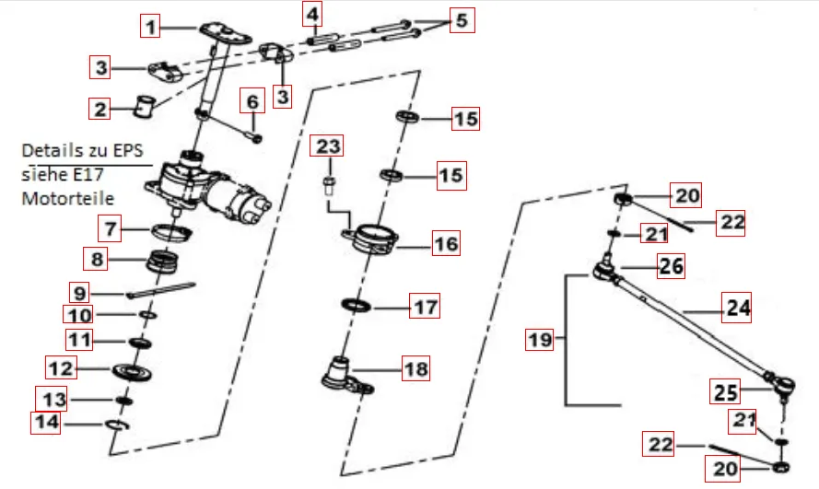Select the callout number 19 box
coord(541,340)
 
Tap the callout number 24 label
coord(736,309)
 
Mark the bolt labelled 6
coord(255,134)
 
